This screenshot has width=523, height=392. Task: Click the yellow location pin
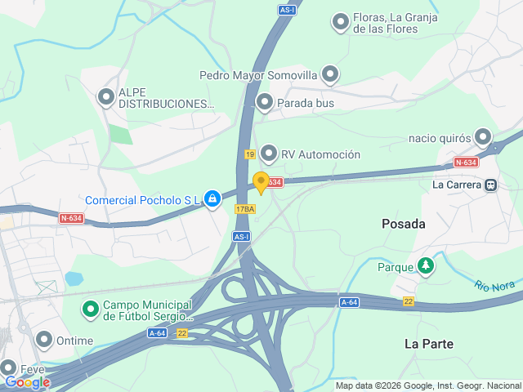(x=261, y=182)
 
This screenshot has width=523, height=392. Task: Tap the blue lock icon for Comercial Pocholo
(x=212, y=198)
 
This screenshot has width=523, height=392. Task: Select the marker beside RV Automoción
(x=269, y=154)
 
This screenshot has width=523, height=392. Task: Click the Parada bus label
(x=306, y=103)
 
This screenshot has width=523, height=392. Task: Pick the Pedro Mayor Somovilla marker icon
(x=330, y=75)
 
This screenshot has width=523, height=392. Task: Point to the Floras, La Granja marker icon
(x=341, y=22)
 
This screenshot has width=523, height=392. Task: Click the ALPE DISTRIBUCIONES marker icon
(x=106, y=97)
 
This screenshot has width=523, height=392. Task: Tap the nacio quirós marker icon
(x=484, y=137)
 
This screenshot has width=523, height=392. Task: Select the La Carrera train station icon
(x=490, y=185)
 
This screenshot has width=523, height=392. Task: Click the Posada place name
(x=404, y=223)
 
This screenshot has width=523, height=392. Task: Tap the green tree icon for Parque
(x=426, y=266)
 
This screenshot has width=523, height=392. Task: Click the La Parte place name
(x=428, y=344)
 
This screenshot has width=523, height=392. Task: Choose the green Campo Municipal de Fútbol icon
(x=90, y=310)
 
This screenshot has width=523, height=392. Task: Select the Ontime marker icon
(x=44, y=339)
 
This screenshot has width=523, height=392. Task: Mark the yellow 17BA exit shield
(x=245, y=209)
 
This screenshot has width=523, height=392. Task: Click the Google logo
(x=27, y=381)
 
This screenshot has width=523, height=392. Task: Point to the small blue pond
(x=74, y=278)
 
